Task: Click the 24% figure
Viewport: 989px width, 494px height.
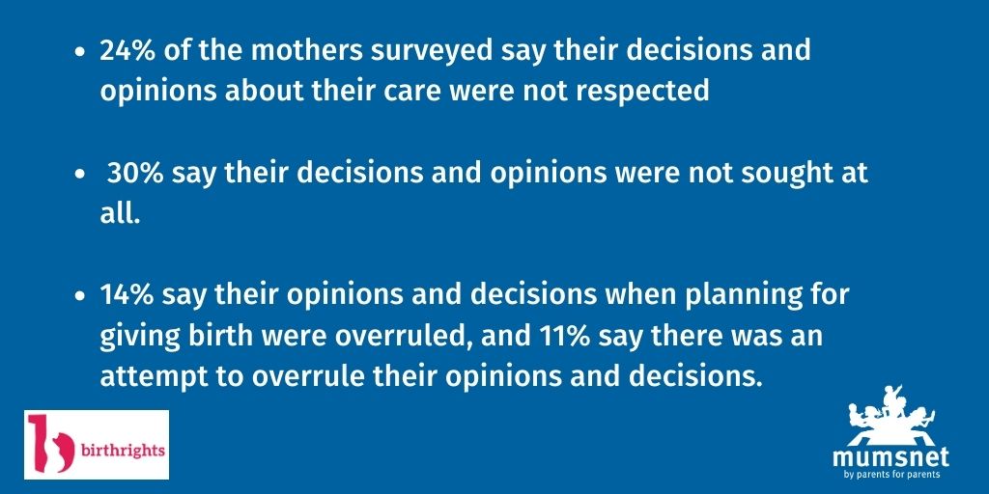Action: pos(127,52)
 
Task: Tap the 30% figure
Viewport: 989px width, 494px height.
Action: pos(133,175)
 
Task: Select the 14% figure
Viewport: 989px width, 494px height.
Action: pos(127,295)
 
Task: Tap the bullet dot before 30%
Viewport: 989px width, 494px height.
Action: pos(79,177)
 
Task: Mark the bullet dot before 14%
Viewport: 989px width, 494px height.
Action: pos(79,297)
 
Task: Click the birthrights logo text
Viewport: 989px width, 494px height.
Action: pos(121,449)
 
